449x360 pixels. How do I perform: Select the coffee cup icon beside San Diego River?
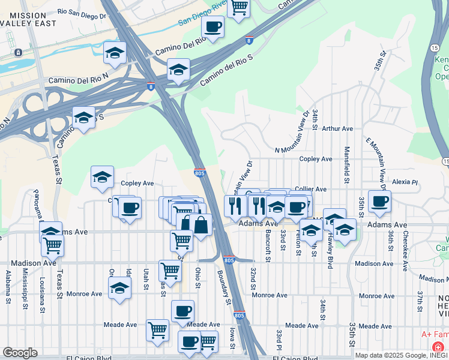[x=212, y=26]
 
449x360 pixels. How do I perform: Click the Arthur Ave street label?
[x=337, y=128]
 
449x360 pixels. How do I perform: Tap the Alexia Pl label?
[x=405, y=181]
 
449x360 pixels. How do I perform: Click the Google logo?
[x=19, y=353]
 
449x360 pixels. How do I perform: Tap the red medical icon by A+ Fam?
[x=438, y=347]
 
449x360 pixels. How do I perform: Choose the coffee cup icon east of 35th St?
[x=380, y=202]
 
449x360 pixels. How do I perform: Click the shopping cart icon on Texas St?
[x=53, y=245]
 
